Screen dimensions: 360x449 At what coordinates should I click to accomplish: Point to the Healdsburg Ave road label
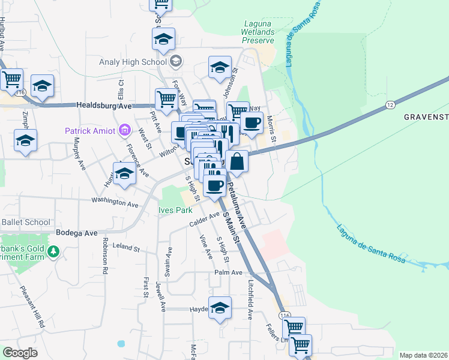click(104, 106)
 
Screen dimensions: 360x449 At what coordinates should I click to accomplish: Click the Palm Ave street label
click(229, 272)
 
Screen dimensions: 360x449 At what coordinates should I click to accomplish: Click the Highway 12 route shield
click(390, 106)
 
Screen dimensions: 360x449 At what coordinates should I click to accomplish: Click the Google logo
click(19, 352)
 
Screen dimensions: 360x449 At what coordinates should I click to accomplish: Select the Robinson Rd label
click(104, 256)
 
